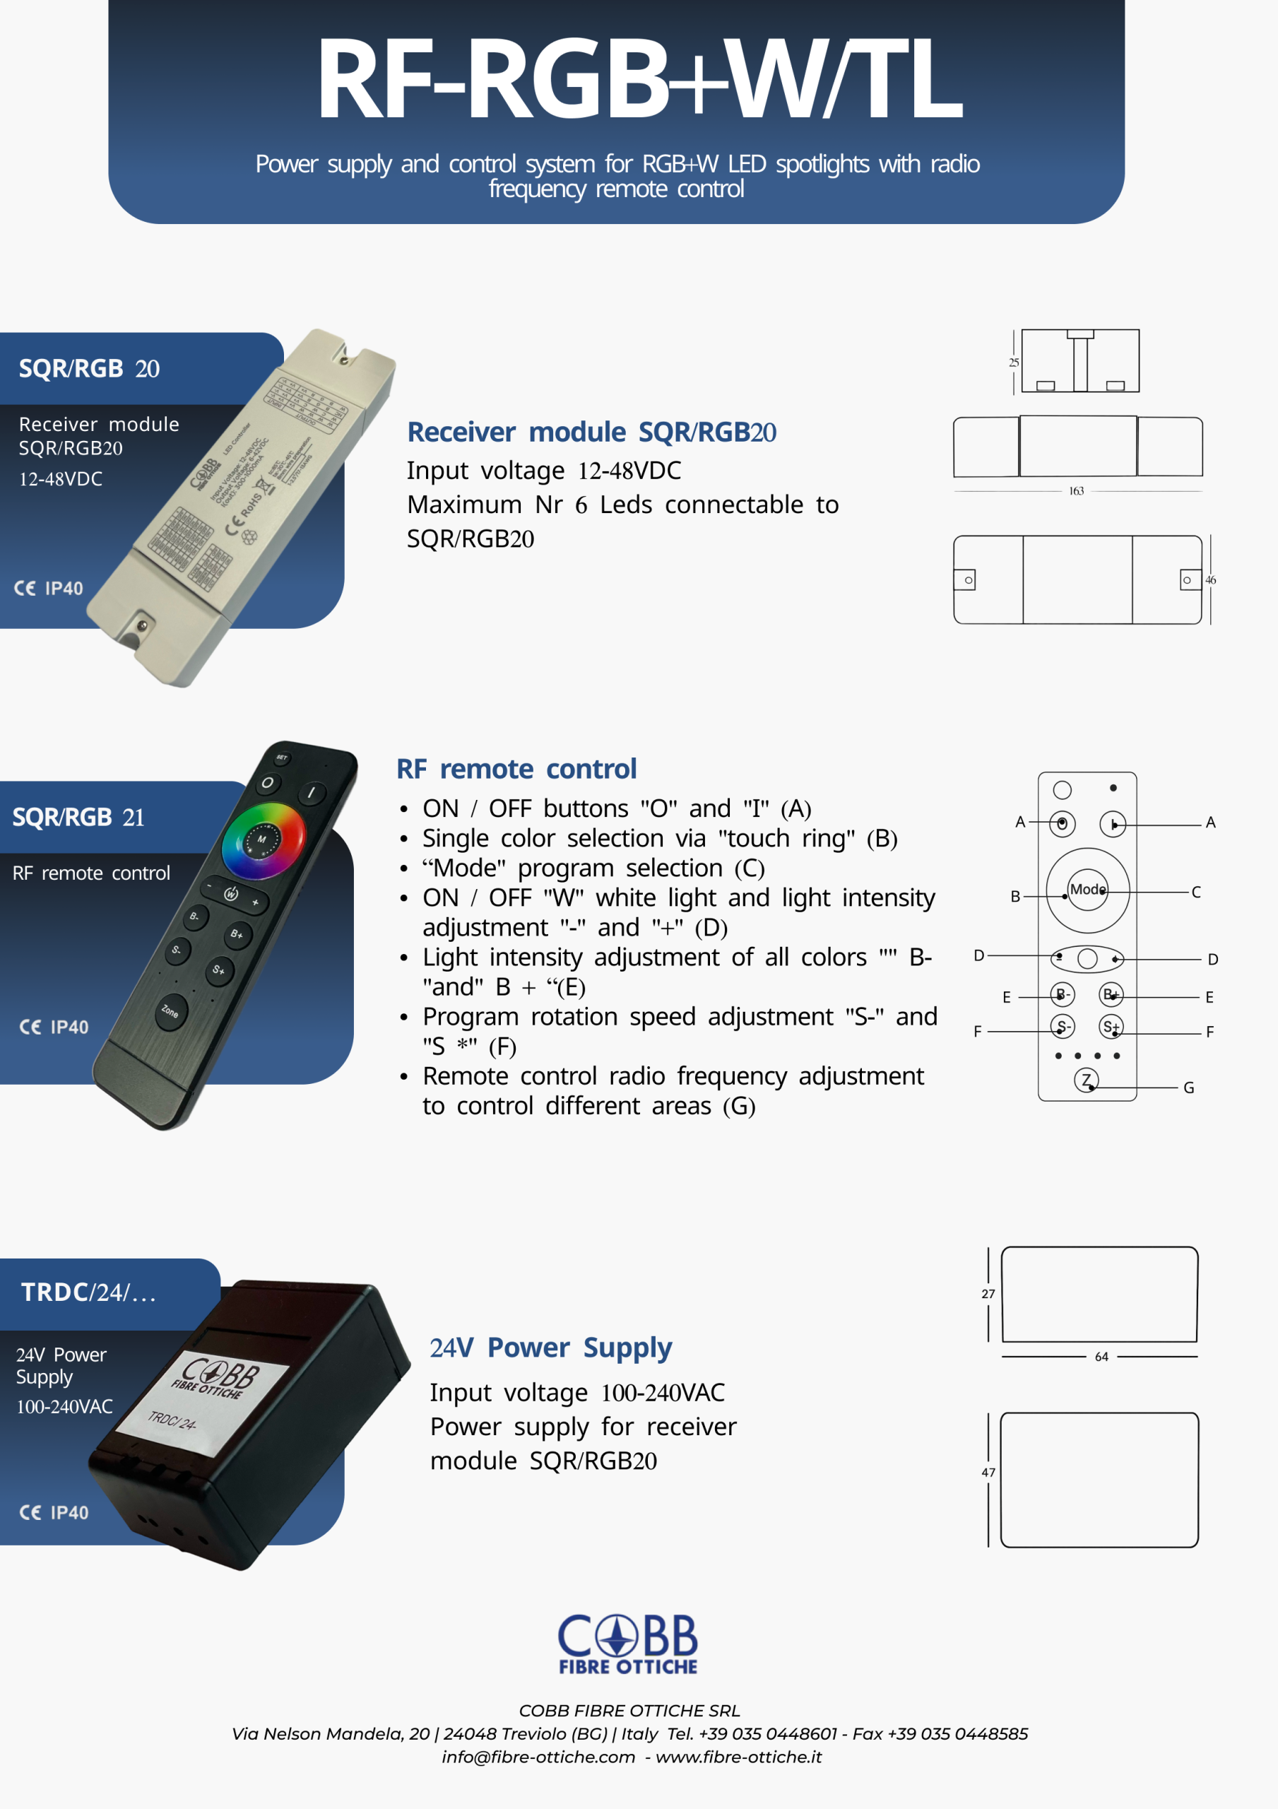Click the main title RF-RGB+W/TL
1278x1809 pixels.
pos(638,78)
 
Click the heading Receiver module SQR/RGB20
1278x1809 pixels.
pos(591,432)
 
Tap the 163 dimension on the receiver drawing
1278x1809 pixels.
pos(1075,491)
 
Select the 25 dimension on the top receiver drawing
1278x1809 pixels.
pos(1013,363)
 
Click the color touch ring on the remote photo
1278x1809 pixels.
pos(264,840)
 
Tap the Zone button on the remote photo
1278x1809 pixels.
pos(170,1011)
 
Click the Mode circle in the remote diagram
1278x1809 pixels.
pos(1087,890)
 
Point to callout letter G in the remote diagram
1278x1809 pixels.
pos(1188,1088)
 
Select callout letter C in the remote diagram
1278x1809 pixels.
pos(1195,892)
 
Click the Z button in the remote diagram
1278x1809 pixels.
pos(1086,1080)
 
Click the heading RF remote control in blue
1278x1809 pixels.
pos(516,769)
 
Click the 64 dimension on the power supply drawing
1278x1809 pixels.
pos(1101,1357)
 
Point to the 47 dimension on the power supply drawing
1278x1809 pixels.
pos(988,1473)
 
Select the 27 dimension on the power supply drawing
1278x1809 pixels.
pos(988,1294)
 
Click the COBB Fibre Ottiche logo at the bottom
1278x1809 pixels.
pos(628,1643)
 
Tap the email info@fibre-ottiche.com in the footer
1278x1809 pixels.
pos(538,1757)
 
